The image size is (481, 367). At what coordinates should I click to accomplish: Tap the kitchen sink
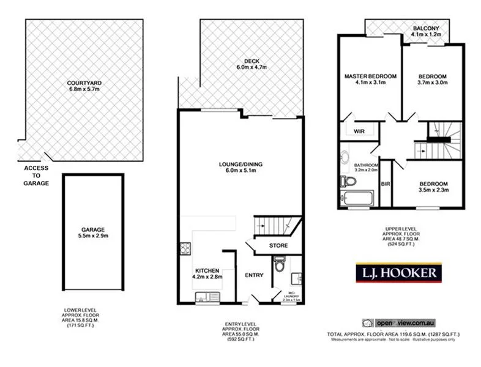[207, 297]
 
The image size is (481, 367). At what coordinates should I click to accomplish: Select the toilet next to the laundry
[279, 265]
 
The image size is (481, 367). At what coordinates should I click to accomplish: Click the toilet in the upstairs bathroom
[346, 181]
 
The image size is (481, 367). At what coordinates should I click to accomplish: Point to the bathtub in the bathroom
[357, 198]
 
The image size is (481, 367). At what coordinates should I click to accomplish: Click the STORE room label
[278, 246]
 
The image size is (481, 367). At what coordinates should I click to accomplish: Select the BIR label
[386, 183]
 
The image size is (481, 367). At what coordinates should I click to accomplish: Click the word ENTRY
[254, 275]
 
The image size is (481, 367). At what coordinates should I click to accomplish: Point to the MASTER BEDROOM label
[370, 76]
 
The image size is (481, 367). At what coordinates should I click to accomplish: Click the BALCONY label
[425, 28]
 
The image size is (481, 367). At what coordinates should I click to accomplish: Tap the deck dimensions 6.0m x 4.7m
[252, 68]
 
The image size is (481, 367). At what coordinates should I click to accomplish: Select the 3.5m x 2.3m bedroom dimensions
[433, 190]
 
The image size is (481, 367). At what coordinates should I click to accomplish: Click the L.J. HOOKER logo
[398, 272]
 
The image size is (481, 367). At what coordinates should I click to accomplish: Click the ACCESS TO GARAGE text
[36, 176]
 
